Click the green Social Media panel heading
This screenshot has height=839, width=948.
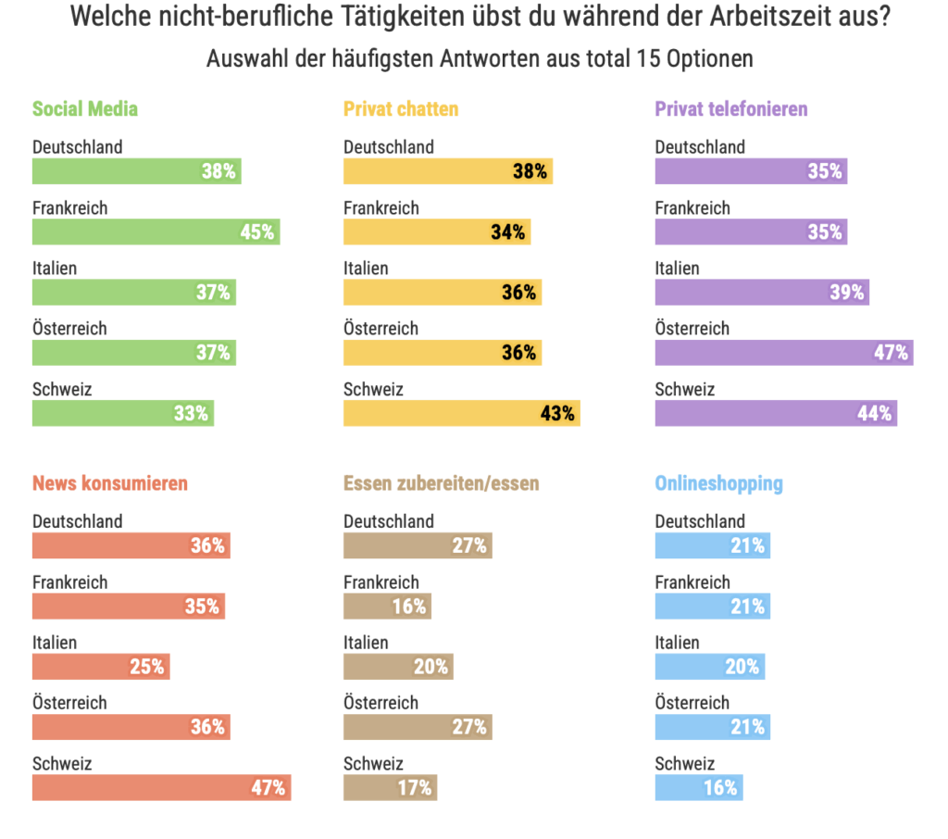click(x=85, y=109)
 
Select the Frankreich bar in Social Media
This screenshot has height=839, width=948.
click(x=156, y=232)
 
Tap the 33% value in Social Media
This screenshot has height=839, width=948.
click(x=191, y=413)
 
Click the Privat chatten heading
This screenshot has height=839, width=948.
click(x=401, y=109)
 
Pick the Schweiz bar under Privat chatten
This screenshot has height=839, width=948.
click(x=461, y=413)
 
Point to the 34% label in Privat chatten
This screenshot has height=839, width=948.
click(x=507, y=232)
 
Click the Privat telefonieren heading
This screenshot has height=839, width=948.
click(x=731, y=109)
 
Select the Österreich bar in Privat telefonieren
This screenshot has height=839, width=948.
click(x=783, y=353)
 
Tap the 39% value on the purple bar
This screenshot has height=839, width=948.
click(x=846, y=293)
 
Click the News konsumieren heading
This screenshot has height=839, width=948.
click(x=110, y=483)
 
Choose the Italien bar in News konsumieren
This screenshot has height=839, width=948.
click(x=101, y=667)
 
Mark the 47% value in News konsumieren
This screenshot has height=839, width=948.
click(x=269, y=788)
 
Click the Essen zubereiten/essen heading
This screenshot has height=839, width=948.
click(x=441, y=483)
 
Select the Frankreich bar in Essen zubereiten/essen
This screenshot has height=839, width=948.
click(x=387, y=607)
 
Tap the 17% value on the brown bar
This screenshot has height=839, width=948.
click(x=415, y=788)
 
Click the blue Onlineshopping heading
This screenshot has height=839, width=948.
click(x=718, y=483)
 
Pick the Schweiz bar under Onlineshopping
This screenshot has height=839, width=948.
click(x=698, y=788)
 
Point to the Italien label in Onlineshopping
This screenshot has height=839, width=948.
click(x=677, y=643)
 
